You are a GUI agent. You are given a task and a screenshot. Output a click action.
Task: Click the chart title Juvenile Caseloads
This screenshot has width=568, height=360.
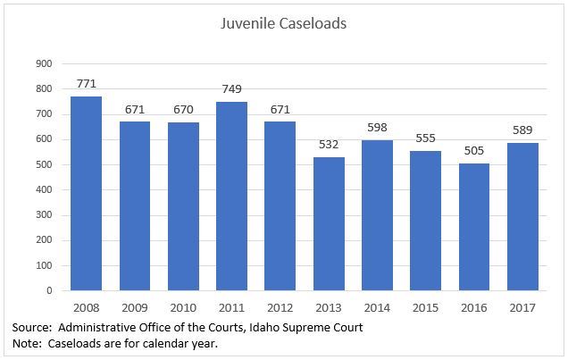(283, 24)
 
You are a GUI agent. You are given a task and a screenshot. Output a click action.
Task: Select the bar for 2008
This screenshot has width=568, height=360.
(87, 193)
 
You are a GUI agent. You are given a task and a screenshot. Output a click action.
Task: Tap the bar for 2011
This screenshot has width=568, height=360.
(231, 196)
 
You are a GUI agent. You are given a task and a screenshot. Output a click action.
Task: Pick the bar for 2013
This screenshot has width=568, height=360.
(329, 223)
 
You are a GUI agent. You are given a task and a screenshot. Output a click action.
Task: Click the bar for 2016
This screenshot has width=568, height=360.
(473, 227)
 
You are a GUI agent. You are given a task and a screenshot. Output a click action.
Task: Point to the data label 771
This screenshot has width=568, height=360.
(87, 83)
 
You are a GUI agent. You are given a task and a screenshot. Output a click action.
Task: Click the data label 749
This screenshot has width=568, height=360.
(231, 88)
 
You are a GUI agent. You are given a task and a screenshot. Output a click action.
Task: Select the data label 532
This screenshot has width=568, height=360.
(329, 144)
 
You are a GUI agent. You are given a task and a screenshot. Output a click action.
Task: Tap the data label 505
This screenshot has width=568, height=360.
(473, 150)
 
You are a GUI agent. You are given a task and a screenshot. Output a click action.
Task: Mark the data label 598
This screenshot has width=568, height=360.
(377, 127)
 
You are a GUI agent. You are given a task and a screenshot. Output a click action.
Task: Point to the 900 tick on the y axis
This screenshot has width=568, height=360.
(43, 63)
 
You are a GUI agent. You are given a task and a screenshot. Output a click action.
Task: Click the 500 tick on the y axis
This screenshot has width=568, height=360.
(43, 164)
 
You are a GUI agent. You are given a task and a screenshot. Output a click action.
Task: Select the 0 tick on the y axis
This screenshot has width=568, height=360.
(49, 290)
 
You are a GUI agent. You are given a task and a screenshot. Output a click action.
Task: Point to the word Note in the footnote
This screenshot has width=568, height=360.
(27, 344)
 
